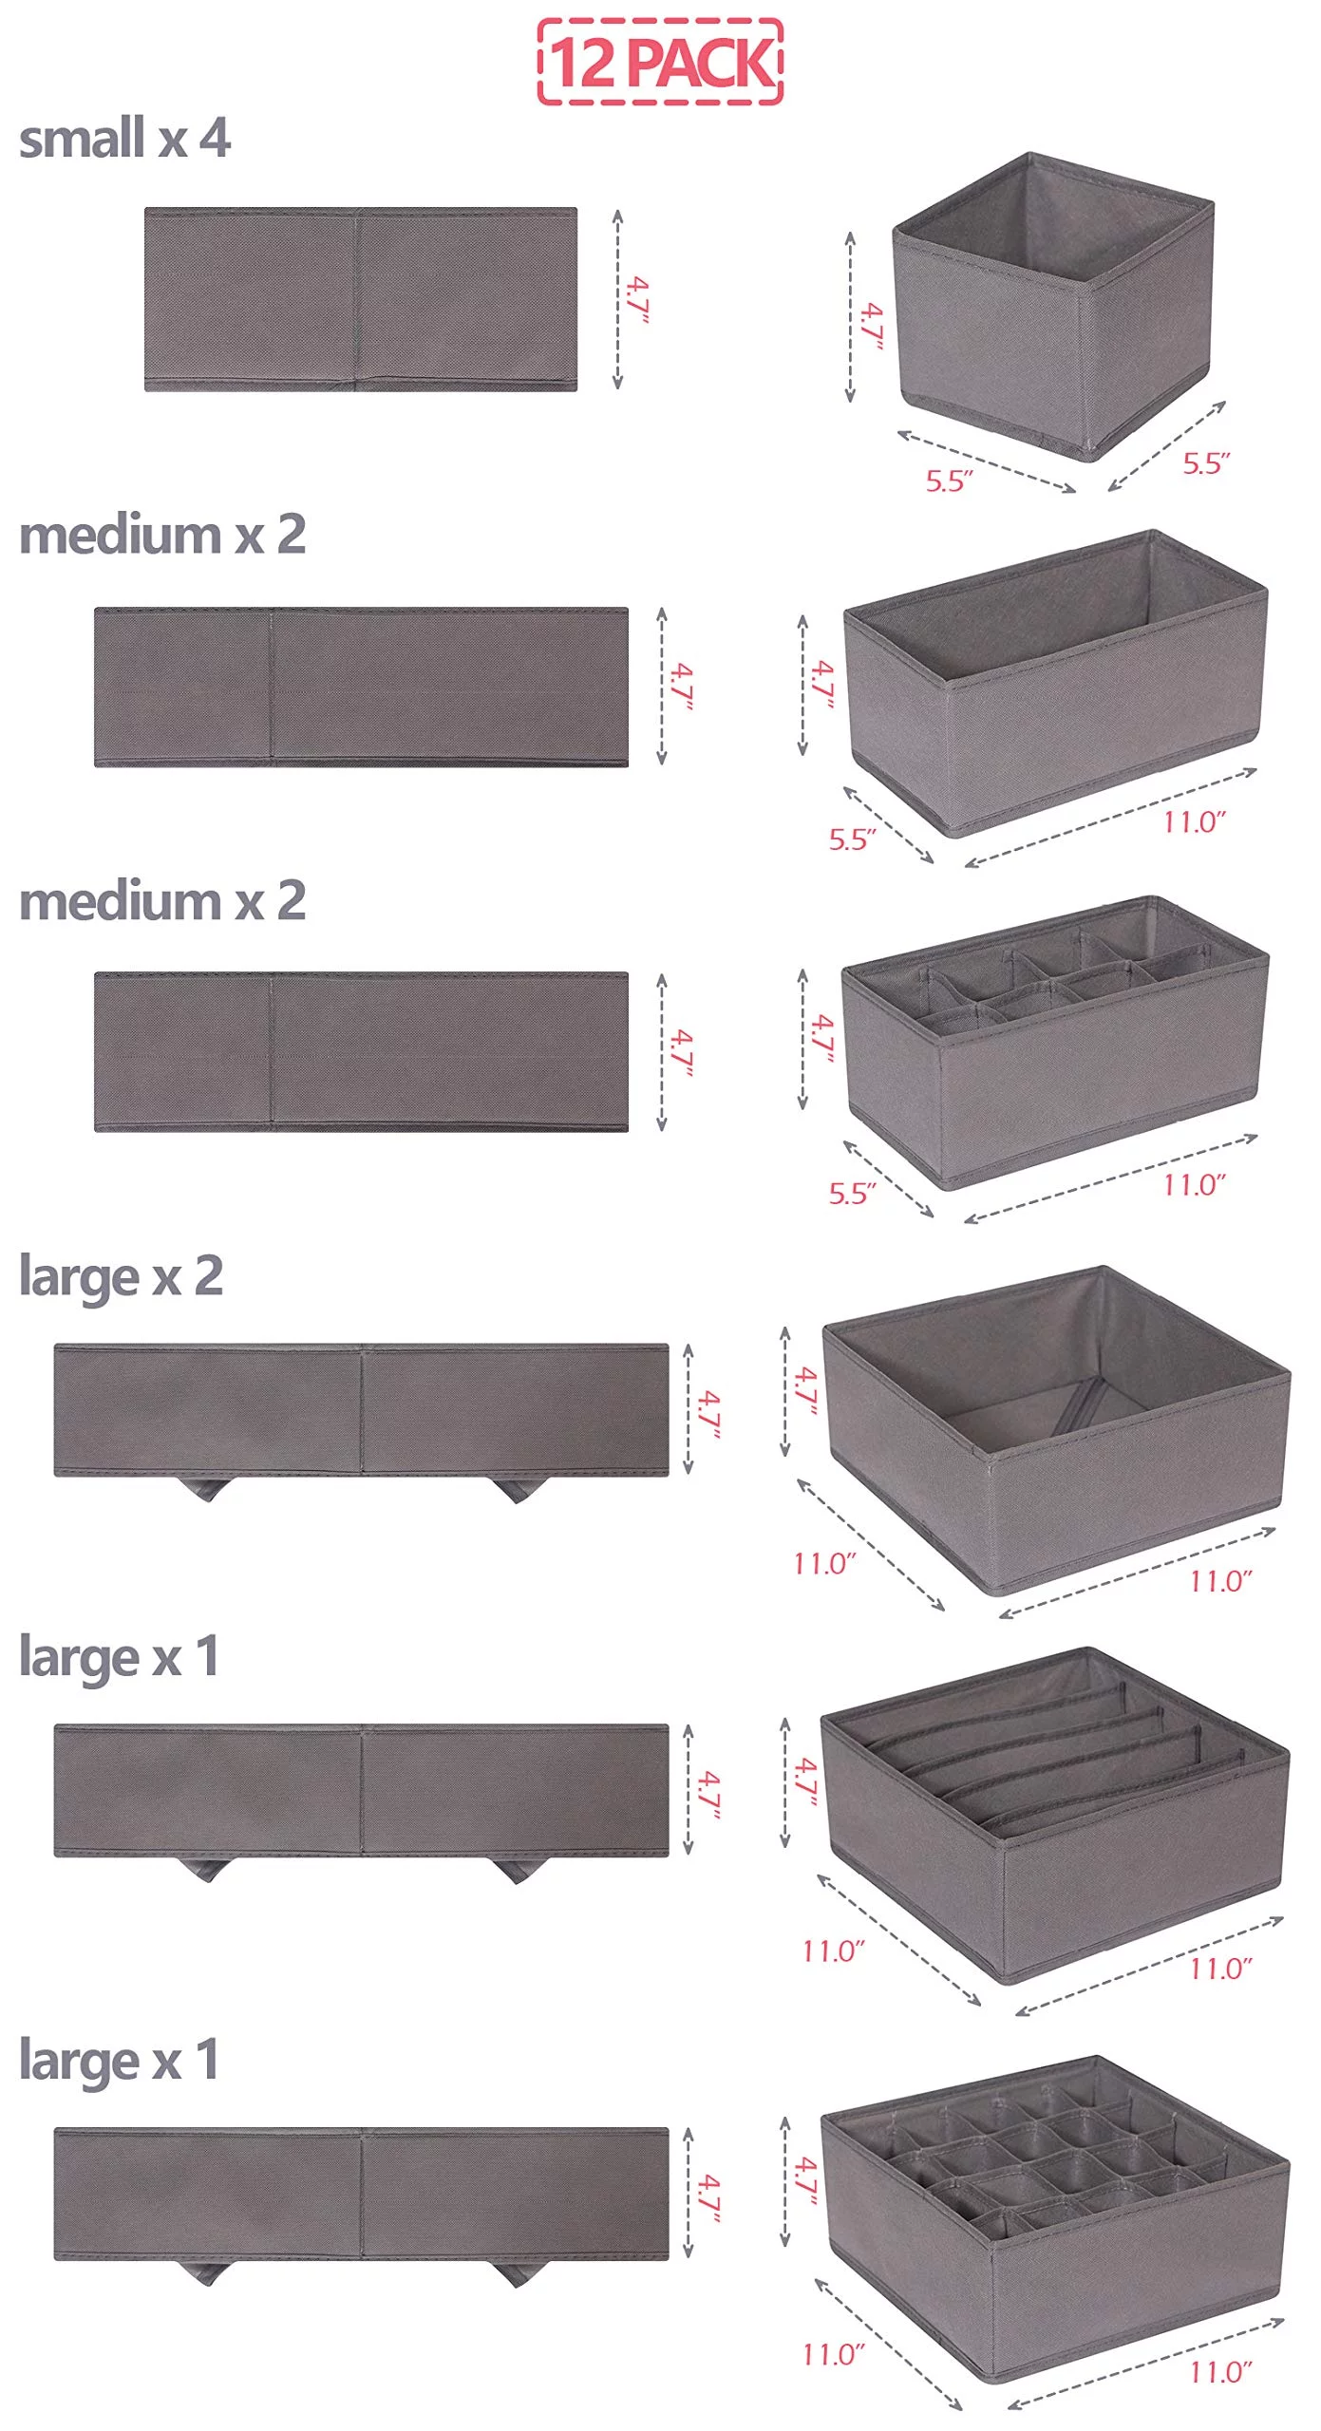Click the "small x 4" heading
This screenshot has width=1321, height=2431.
click(x=124, y=138)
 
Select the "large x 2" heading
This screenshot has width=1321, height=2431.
click(x=121, y=1276)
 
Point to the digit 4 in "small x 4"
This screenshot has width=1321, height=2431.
click(x=215, y=139)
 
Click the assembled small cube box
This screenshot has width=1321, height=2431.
click(x=1053, y=306)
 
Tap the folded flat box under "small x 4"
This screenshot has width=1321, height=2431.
click(x=361, y=299)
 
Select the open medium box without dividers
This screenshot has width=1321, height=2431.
click(x=1055, y=683)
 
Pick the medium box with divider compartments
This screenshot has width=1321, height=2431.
click(x=1055, y=1042)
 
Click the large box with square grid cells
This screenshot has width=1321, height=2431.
click(x=1055, y=2218)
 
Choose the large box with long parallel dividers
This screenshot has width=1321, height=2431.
click(x=1055, y=1815)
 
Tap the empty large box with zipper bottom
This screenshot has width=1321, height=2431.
click(x=1056, y=1430)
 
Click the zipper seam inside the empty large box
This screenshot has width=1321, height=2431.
click(x=1075, y=1405)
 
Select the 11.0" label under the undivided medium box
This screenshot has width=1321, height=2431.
click(x=1195, y=821)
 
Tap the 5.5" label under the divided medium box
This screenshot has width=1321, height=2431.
click(x=852, y=1194)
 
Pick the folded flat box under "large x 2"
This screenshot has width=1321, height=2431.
click(x=361, y=1410)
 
